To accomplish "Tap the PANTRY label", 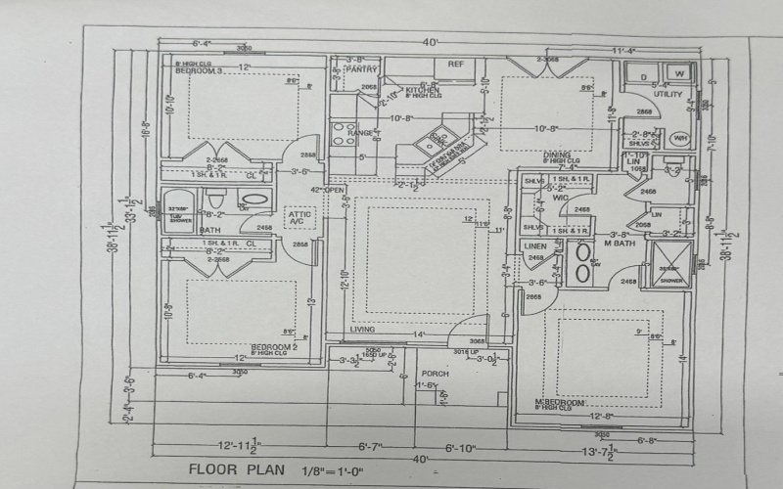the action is coord(363,69).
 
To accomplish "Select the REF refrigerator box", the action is coord(455,64).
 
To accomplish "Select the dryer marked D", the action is coord(643,75).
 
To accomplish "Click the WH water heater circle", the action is coord(679,138).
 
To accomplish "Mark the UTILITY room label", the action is coord(668,95).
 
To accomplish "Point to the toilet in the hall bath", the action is coord(217,200).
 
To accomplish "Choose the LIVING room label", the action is coord(363,330).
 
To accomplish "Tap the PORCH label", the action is coord(435,374).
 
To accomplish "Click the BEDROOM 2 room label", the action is coord(266,347).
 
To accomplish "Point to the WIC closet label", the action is coord(560,197).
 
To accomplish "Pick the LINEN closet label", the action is coord(534,245).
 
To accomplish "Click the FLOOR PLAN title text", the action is coord(234,467).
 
